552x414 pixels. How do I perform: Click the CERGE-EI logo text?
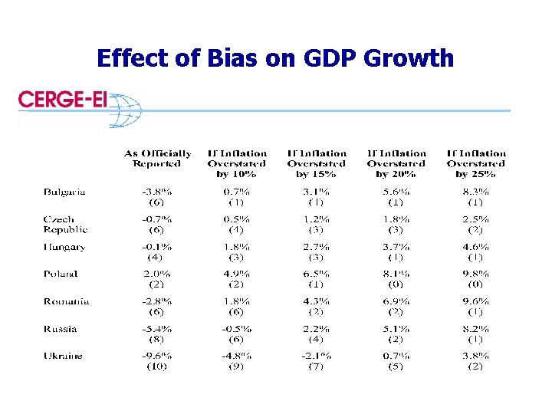point(63,100)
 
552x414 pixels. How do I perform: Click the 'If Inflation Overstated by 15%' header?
point(317,163)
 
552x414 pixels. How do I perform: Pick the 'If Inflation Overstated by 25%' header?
point(476,163)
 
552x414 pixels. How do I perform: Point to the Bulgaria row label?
point(64,192)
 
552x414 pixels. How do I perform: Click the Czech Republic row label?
point(66,224)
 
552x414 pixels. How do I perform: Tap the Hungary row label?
point(64,247)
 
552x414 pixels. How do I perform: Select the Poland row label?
point(61,274)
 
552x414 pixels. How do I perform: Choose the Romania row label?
point(66,301)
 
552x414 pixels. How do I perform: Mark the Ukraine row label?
point(63,356)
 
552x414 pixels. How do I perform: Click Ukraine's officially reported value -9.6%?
point(157,356)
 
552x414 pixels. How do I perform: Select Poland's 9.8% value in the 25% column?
point(476,274)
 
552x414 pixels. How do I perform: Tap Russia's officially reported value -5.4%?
point(157,329)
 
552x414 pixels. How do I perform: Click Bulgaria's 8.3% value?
point(476,192)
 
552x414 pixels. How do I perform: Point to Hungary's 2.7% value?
point(317,247)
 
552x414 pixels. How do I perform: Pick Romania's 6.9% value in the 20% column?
point(396,301)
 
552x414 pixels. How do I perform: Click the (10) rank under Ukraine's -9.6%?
point(157,366)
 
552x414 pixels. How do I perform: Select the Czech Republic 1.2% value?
point(317,219)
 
